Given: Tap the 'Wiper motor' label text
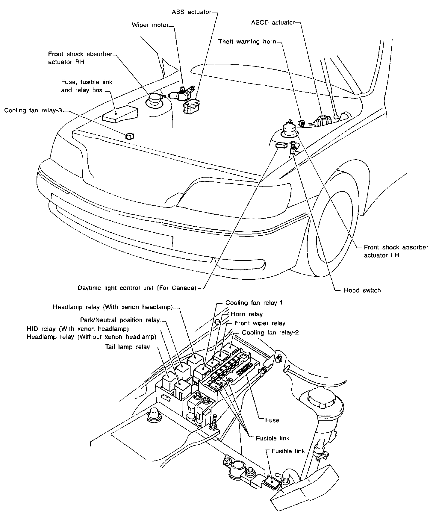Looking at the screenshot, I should coord(150,25).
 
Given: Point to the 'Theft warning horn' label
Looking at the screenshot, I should coord(247,42).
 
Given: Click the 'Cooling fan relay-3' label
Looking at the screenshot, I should coord(33,110).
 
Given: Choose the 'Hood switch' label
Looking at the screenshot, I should coord(362,290).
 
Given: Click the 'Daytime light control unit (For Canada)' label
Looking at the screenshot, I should coord(137,288).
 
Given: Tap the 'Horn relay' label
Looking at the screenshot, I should coord(246,314).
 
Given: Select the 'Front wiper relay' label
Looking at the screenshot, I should coord(260,323).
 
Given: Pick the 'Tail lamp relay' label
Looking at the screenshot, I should coord(127,347).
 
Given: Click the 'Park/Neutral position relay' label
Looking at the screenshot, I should coord(120,320).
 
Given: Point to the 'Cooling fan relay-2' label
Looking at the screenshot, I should coord(270,333).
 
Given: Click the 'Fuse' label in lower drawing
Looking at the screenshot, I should coord(272,420).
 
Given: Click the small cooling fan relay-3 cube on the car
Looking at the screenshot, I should coord(130,136).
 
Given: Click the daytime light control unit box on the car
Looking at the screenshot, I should coord(281,145).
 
